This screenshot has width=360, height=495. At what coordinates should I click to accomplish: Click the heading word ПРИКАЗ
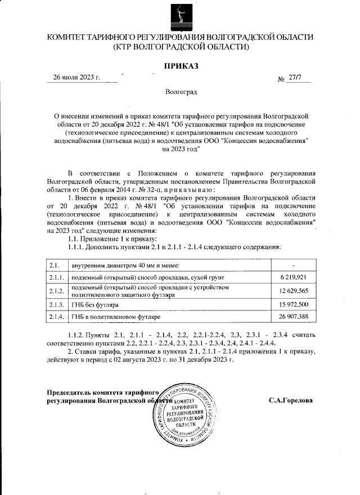[x=181, y=66]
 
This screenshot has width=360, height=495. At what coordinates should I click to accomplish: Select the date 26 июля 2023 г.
[x=76, y=77]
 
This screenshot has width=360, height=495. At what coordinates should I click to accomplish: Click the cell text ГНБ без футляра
[x=94, y=304]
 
